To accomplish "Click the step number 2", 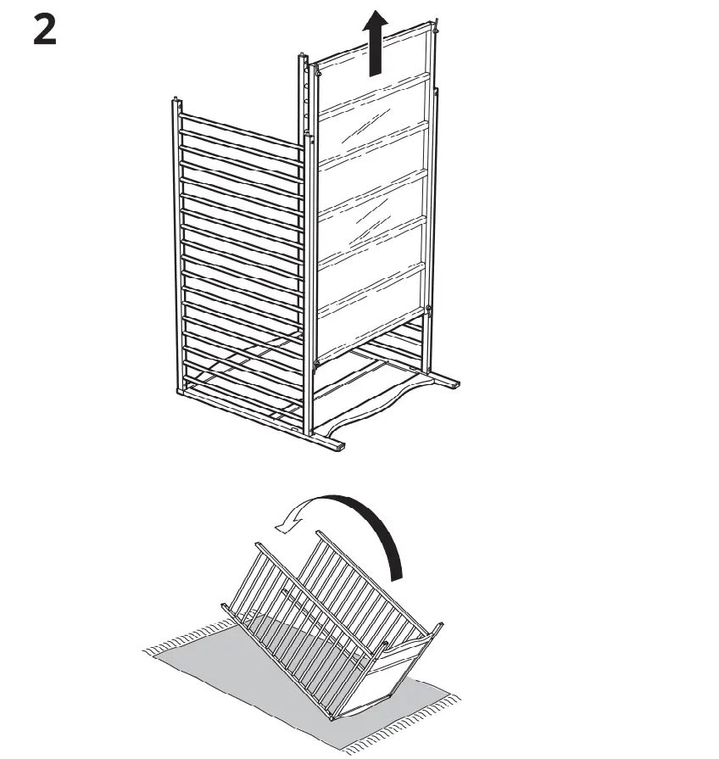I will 45,31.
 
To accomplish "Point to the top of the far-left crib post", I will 176,103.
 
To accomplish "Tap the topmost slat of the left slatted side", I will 241,126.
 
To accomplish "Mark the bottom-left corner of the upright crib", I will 181,392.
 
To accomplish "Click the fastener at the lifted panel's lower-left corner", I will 317,365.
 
